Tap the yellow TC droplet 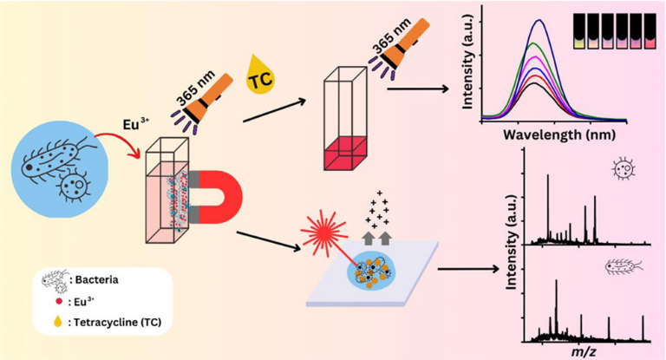(259, 76)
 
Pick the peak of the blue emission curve (540, 21)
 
